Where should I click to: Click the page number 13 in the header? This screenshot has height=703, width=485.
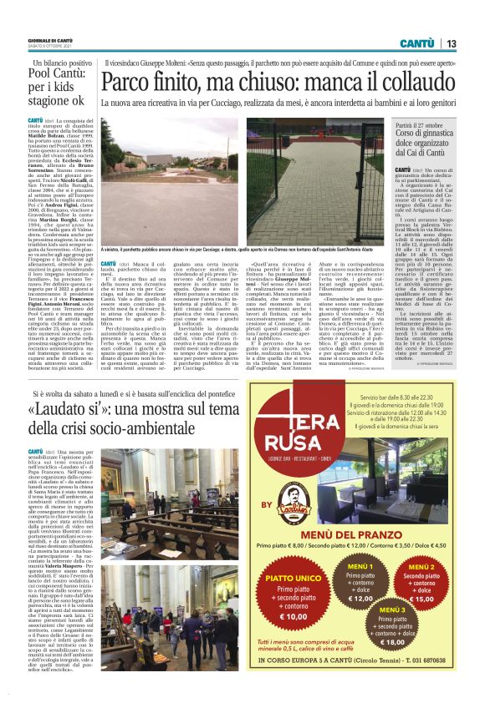452,43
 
